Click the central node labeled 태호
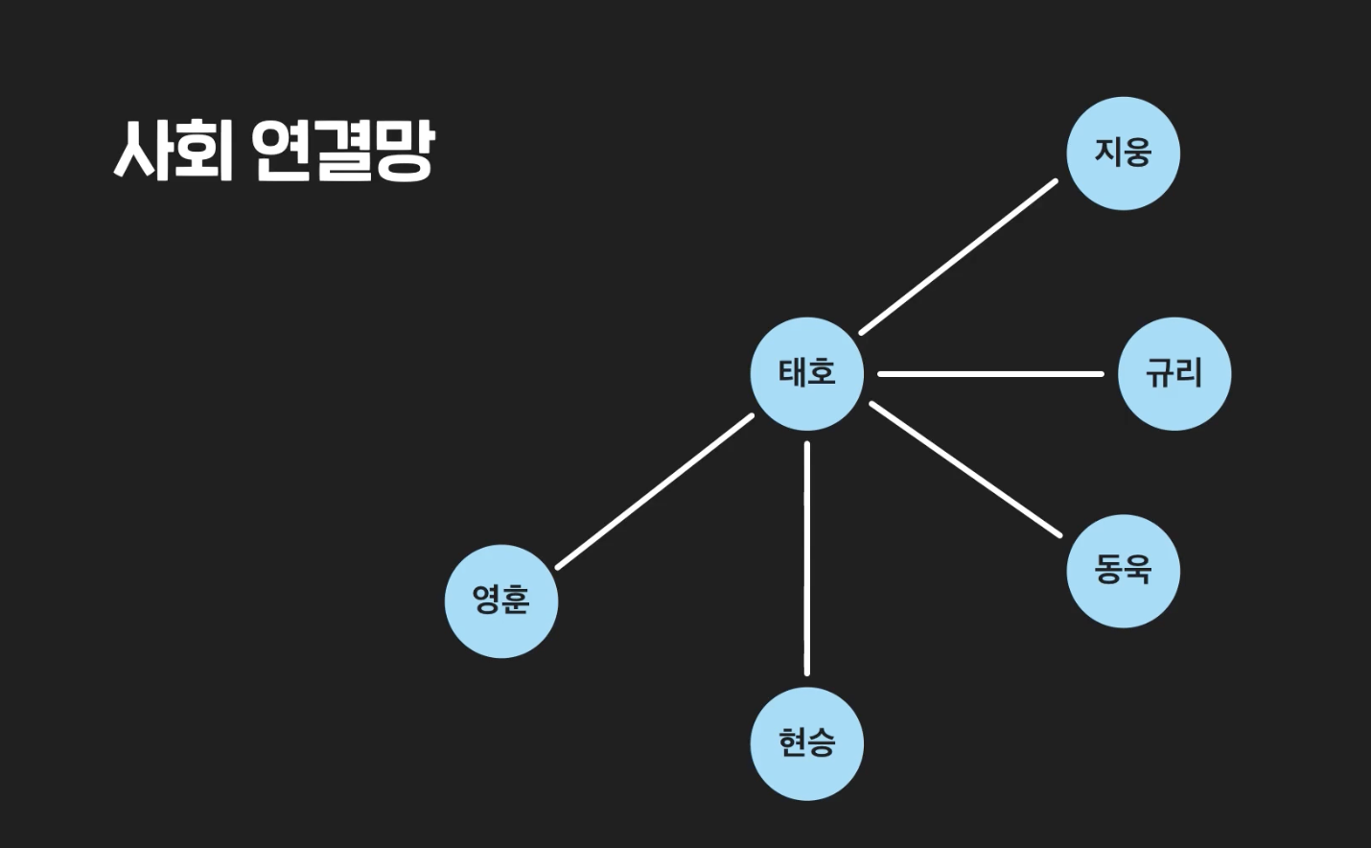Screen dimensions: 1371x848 tap(806, 373)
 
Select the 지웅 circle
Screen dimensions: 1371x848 tap(1123, 153)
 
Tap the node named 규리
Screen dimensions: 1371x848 tap(1173, 373)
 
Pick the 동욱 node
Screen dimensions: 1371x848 tap(1123, 571)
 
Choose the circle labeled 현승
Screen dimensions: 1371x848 tap(806, 743)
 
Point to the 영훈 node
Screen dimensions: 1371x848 tap(500, 601)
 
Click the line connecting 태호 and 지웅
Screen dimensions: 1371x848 tap(958, 257)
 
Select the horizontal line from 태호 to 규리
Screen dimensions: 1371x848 tap(989, 373)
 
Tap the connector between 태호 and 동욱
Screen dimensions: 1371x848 tap(964, 468)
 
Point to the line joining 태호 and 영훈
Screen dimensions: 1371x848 tap(655, 491)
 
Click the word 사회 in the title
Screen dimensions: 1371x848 tap(174, 151)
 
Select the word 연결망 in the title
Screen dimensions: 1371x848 tap(342, 151)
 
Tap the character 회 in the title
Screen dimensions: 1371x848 tap(204, 151)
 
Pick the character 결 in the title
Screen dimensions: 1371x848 tap(342, 151)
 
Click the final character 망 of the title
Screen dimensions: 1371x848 tap(404, 151)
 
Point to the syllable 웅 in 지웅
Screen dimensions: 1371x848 tap(1137, 153)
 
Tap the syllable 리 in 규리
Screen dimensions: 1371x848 tap(1189, 373)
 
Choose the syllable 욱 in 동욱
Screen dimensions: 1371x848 tap(1137, 571)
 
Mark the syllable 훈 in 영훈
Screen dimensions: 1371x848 tap(515, 601)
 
